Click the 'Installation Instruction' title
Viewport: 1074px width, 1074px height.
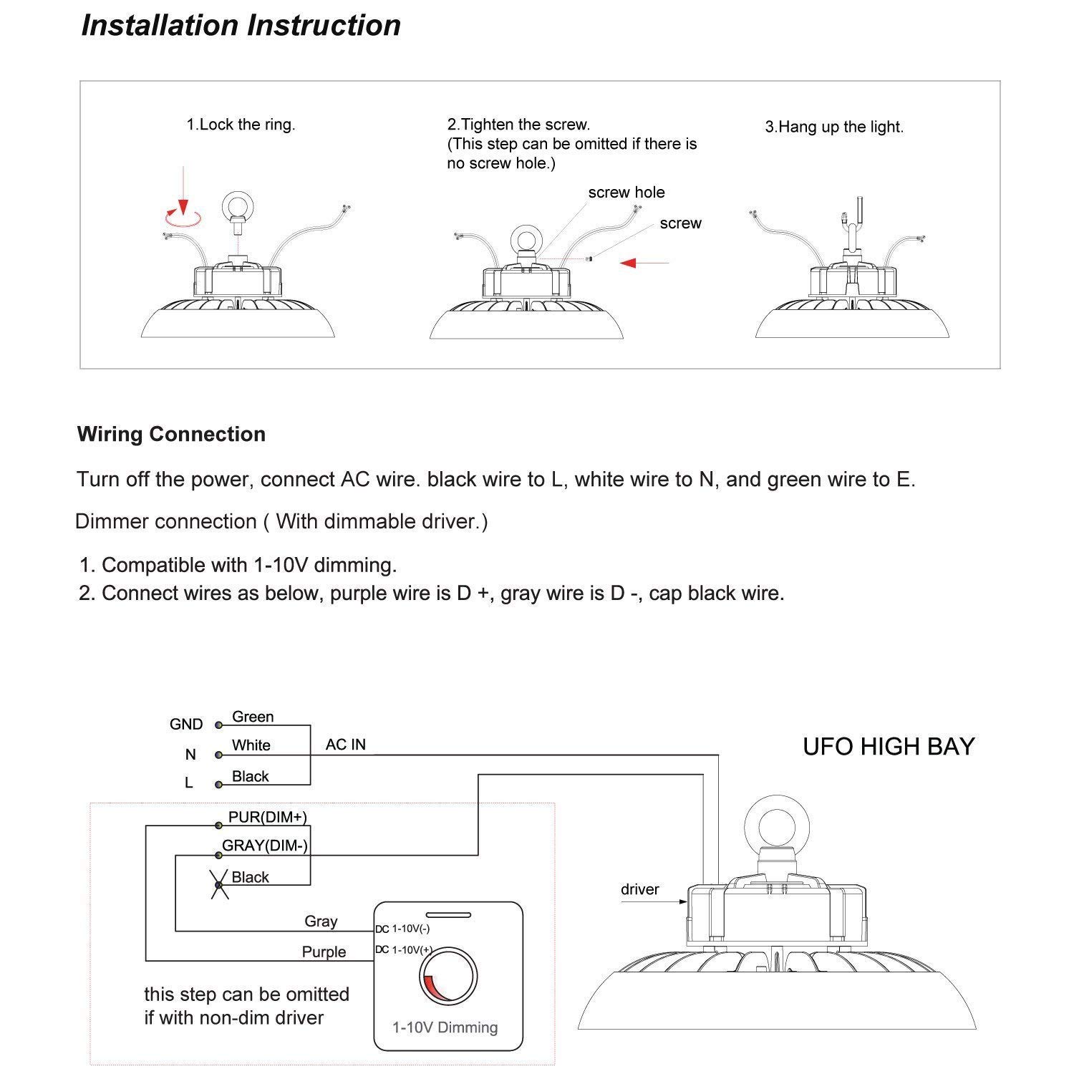click(x=241, y=25)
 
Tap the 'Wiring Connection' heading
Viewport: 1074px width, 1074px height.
click(x=171, y=434)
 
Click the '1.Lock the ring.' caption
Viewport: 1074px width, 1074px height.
click(x=241, y=125)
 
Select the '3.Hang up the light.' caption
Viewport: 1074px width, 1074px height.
click(x=834, y=127)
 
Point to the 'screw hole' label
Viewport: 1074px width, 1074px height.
click(x=626, y=193)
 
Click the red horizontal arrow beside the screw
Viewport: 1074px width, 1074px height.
click(x=644, y=263)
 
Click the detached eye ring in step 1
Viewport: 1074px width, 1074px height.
click(x=236, y=207)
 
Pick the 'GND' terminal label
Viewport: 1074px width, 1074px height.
click(x=186, y=725)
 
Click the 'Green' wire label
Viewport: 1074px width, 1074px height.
click(x=253, y=717)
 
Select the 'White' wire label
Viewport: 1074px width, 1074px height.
click(x=251, y=745)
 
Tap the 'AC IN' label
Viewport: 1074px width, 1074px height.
click(x=346, y=745)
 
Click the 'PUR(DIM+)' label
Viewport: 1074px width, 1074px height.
click(x=267, y=817)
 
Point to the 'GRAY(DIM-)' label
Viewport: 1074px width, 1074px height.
click(x=265, y=846)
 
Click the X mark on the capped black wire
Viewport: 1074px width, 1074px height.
click(x=219, y=885)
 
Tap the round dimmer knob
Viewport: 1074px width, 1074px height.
click(x=449, y=977)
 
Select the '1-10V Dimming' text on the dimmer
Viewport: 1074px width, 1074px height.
click(x=445, y=1027)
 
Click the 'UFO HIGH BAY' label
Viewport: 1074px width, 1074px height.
click(x=889, y=747)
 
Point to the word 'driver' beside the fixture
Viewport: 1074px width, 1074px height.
click(x=639, y=889)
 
